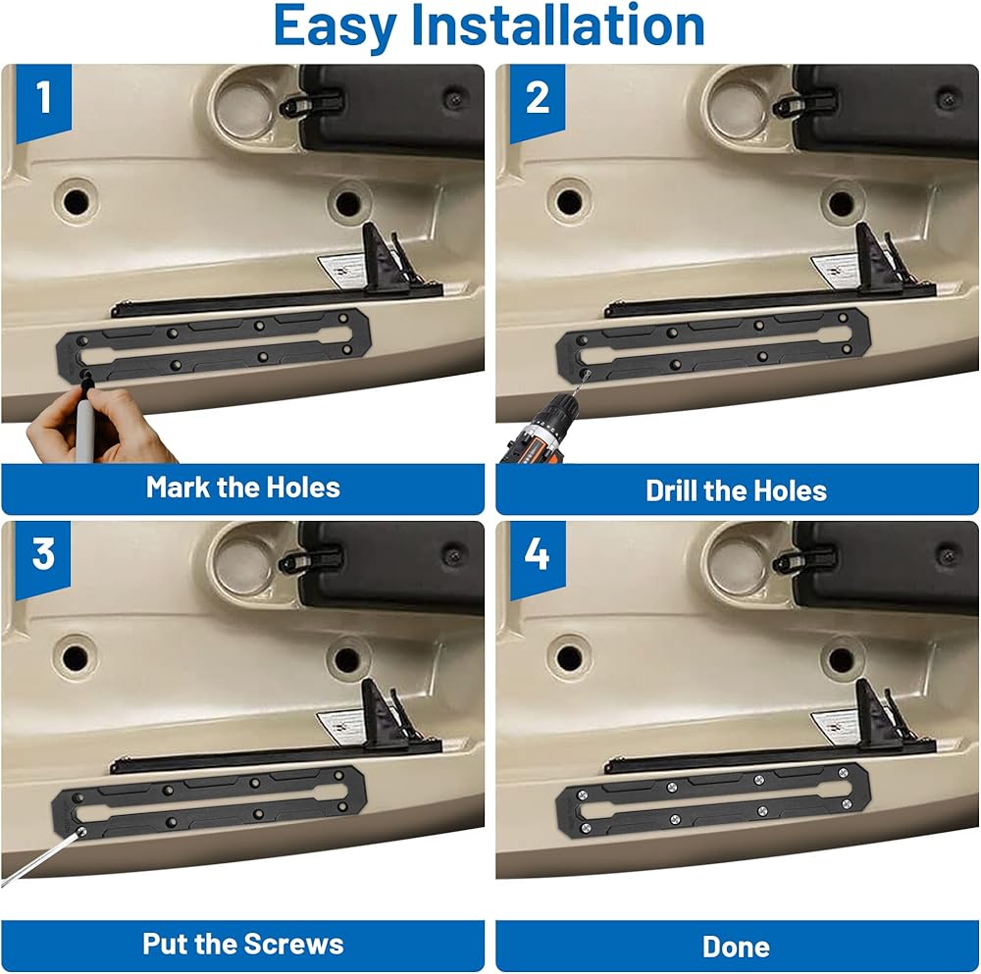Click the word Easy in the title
point(335,26)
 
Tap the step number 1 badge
point(43,102)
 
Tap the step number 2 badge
point(538,102)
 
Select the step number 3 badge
point(43,559)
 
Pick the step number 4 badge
point(538,559)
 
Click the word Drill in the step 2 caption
point(671,490)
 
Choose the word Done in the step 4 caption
point(737,948)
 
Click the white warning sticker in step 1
point(342,271)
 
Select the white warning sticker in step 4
point(836,727)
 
